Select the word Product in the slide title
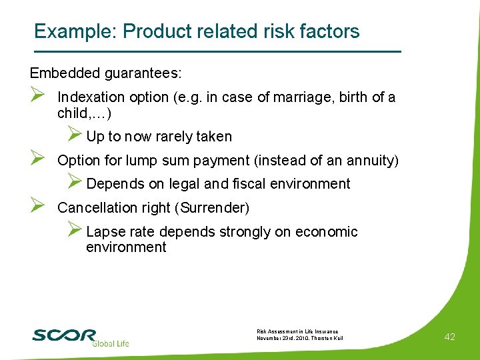153,31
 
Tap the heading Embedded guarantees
106,71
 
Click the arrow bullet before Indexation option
37,97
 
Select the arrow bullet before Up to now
75,135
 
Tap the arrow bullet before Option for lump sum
37,160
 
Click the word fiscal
248,184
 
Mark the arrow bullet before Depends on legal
75,183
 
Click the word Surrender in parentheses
212,208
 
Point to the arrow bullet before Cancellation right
37,207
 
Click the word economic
326,232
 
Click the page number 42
449,337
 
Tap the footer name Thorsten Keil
327,338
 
